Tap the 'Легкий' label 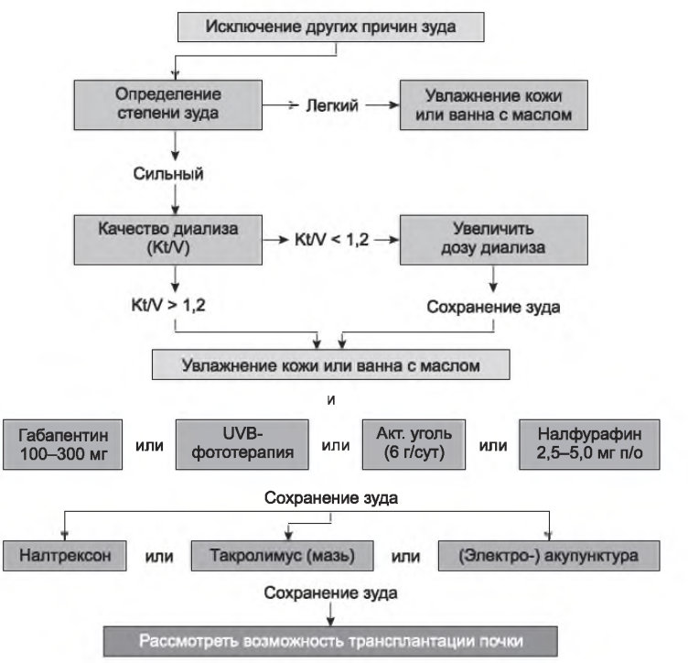click(337, 106)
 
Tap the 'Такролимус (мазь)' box click(285, 556)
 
